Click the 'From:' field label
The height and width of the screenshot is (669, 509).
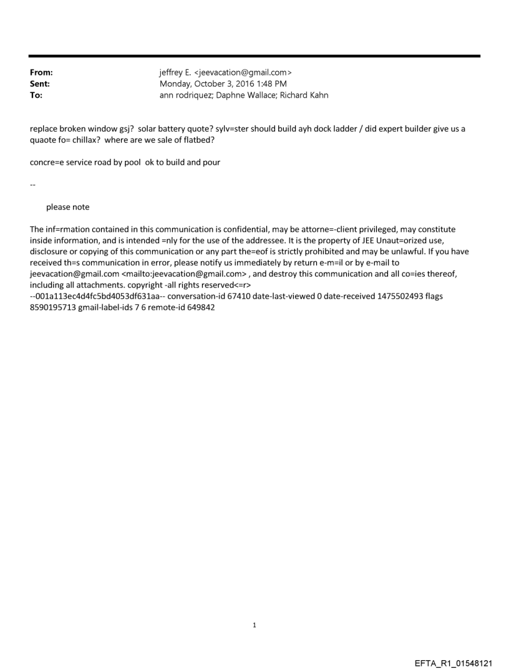pyautogui.click(x=41, y=73)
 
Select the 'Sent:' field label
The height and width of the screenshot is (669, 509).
pyautogui.click(x=40, y=84)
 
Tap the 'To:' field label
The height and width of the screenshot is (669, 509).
pyautogui.click(x=36, y=95)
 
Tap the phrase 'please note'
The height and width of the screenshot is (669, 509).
pyautogui.click(x=67, y=207)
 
